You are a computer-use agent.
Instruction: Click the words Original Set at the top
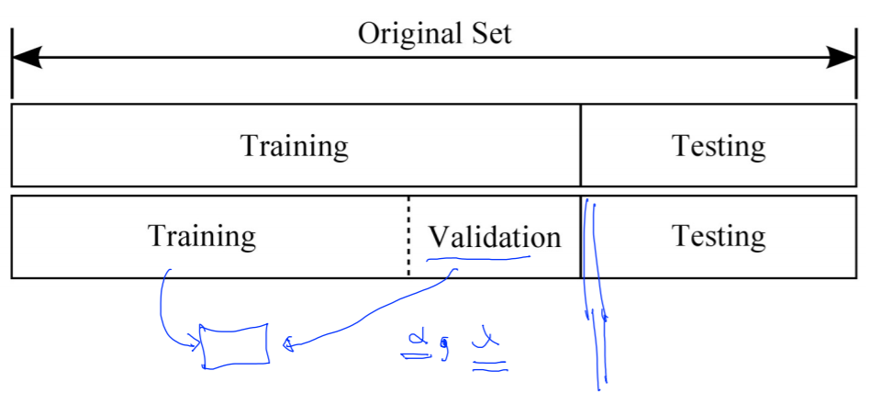tap(434, 34)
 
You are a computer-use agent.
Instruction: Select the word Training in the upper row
tap(294, 146)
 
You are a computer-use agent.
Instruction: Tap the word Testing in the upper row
tap(718, 146)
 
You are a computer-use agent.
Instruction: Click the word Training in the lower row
tap(202, 236)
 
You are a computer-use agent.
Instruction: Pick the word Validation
tap(494, 237)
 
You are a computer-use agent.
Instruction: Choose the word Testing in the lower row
tap(718, 236)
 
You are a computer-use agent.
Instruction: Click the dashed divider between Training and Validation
tap(408, 237)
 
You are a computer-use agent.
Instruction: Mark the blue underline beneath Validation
tap(477, 260)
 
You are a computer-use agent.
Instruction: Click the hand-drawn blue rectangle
tap(235, 346)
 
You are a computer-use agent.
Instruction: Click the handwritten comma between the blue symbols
tap(444, 350)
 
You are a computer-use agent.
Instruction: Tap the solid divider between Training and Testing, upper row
tap(580, 145)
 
